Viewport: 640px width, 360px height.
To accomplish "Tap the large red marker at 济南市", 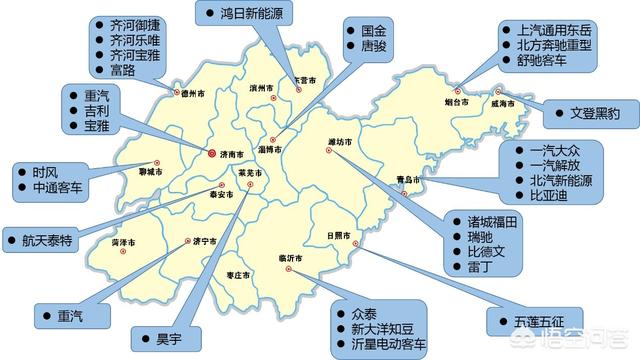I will [x=211, y=154].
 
